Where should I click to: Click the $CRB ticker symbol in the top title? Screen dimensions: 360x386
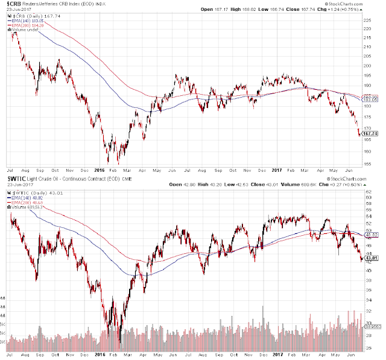tap(12, 5)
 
